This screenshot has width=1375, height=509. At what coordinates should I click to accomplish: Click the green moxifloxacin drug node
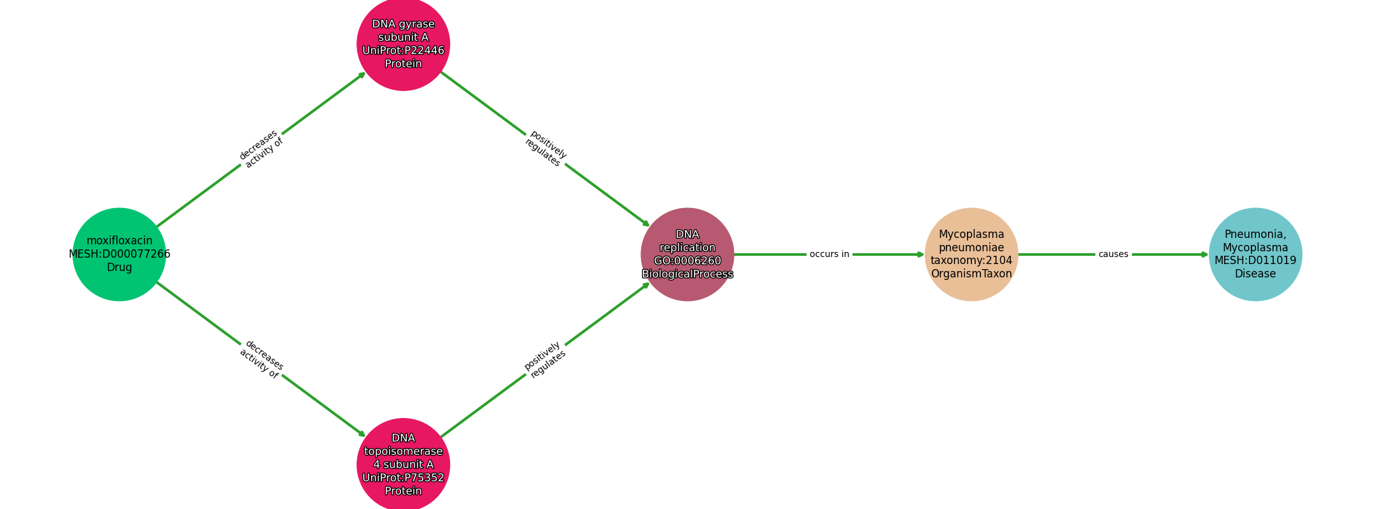pyautogui.click(x=119, y=254)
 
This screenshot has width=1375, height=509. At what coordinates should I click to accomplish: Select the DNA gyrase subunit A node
pyautogui.click(x=404, y=44)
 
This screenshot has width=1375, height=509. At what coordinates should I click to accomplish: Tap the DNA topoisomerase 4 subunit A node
pyautogui.click(x=404, y=464)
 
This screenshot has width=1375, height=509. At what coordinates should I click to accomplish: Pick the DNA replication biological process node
pyautogui.click(x=687, y=254)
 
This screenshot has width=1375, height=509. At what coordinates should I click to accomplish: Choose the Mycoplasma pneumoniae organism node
pyautogui.click(x=971, y=254)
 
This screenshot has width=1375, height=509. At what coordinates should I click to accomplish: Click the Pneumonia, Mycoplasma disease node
pyautogui.click(x=1255, y=254)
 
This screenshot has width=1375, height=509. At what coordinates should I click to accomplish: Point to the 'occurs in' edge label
pyautogui.click(x=829, y=254)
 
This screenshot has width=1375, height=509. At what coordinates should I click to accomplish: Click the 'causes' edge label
pyautogui.click(x=1113, y=254)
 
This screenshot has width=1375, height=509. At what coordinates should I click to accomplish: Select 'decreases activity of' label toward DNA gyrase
pyautogui.click(x=261, y=149)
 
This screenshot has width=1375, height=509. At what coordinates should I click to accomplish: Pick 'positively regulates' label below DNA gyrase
pyautogui.click(x=546, y=149)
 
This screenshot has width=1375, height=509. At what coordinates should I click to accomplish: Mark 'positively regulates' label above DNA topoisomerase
pyautogui.click(x=545, y=360)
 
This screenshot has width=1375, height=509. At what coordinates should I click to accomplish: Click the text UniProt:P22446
pyautogui.click(x=404, y=51)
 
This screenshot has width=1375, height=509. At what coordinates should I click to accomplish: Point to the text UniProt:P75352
pyautogui.click(x=404, y=478)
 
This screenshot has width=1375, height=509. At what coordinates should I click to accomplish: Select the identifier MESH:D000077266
pyautogui.click(x=120, y=254)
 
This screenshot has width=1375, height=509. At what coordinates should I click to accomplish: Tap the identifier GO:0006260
pyautogui.click(x=687, y=261)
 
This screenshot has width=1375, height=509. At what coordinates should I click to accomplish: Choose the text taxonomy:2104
pyautogui.click(x=971, y=261)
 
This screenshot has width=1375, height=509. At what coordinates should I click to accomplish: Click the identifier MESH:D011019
pyautogui.click(x=1255, y=261)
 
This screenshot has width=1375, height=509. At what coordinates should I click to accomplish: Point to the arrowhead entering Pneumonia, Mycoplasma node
pyautogui.click(x=1204, y=254)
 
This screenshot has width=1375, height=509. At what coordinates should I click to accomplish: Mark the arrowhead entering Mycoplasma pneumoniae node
pyautogui.click(x=920, y=254)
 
